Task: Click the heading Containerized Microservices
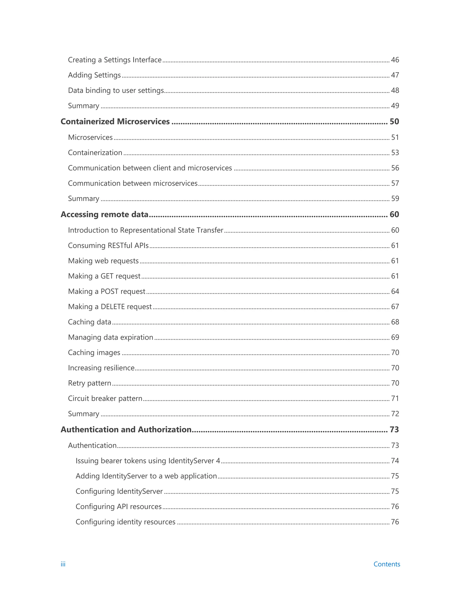click(115, 121)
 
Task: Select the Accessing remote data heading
click(104, 214)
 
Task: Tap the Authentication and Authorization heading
click(126, 430)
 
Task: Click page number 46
click(395, 60)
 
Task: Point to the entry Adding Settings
click(94, 75)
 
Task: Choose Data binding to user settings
click(116, 90)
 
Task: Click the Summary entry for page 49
click(83, 106)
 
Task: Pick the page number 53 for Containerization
click(395, 152)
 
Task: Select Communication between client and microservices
click(150, 168)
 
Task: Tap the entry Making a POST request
click(106, 291)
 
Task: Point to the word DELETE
click(113, 307)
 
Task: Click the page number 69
click(395, 337)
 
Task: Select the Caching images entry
click(94, 353)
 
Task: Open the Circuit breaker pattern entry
click(105, 399)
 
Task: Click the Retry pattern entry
click(89, 383)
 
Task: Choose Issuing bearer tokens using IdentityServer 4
click(148, 461)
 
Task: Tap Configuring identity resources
click(125, 522)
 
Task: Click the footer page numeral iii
click(63, 564)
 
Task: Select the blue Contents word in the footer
click(386, 564)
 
